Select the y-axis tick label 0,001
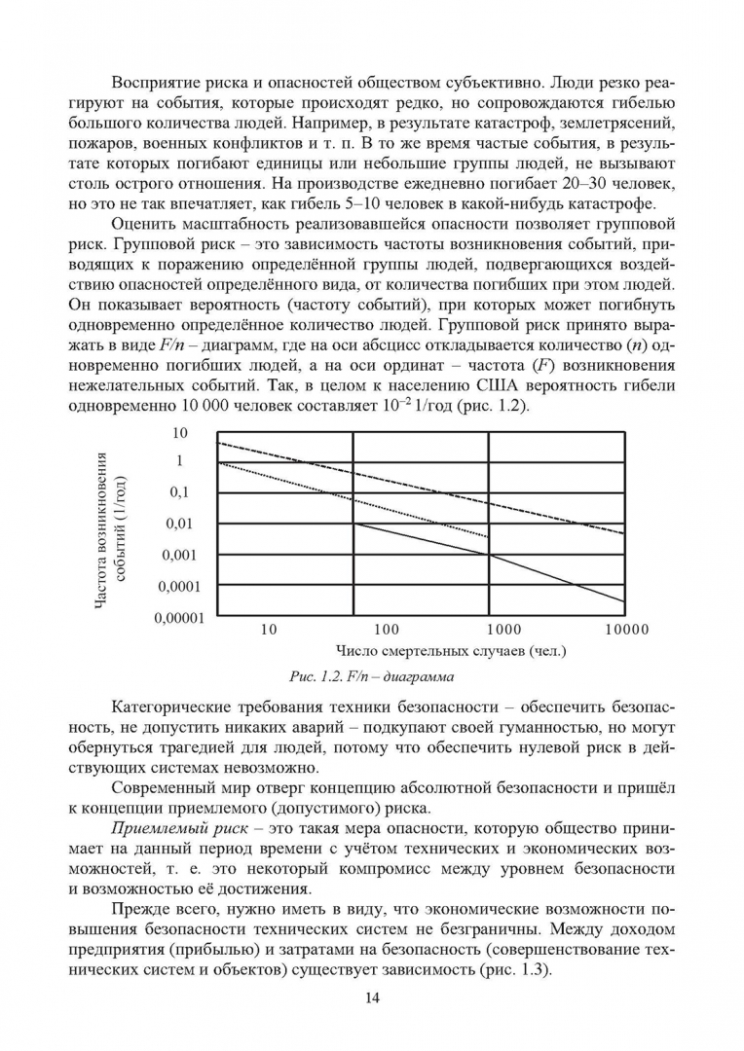coord(184,555)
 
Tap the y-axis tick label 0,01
coord(188,524)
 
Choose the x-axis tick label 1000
coord(504,630)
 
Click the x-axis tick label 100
coord(387,630)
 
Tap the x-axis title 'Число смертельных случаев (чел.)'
coord(452,650)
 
